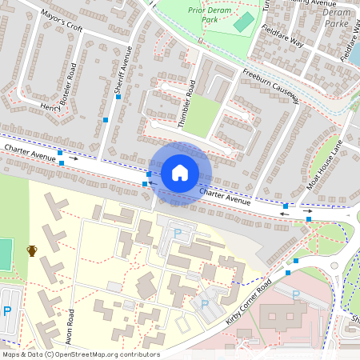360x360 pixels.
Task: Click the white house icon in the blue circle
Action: click(180, 173)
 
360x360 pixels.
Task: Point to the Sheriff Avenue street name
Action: click(122, 71)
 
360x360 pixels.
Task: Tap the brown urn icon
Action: click(32, 250)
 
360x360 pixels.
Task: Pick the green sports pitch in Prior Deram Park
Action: click(243, 22)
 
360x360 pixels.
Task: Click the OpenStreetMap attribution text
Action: click(80, 354)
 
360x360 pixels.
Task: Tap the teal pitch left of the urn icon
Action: click(5, 254)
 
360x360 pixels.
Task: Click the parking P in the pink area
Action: click(295, 295)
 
